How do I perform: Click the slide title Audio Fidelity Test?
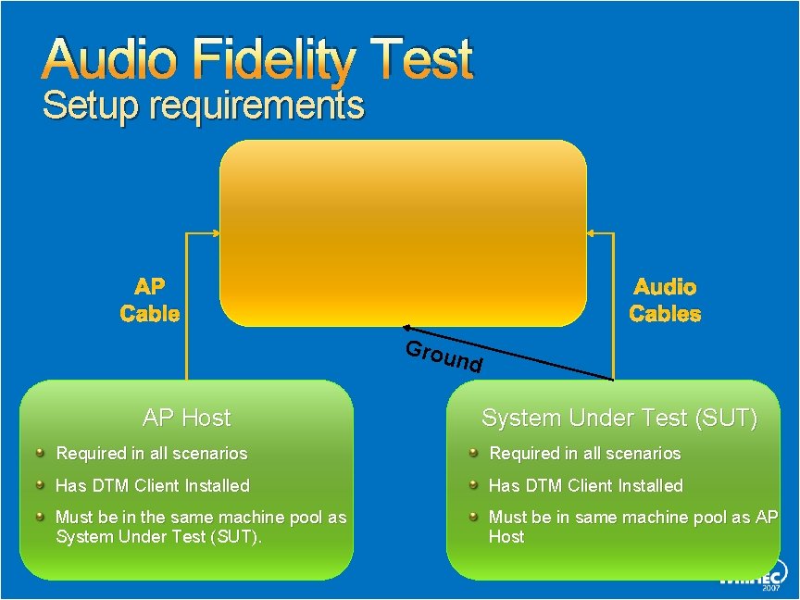click(257, 61)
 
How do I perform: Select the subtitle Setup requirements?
click(204, 106)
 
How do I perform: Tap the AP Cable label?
click(149, 301)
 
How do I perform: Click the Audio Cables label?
click(665, 301)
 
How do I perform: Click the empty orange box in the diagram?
click(403, 233)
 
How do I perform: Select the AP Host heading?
click(186, 418)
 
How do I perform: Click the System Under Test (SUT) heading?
click(619, 419)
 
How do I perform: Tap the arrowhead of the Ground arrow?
click(407, 329)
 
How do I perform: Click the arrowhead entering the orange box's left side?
click(215, 233)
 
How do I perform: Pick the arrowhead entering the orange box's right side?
click(592, 233)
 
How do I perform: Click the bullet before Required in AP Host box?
click(40, 453)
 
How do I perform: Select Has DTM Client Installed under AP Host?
click(153, 485)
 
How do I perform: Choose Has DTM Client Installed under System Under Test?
click(585, 485)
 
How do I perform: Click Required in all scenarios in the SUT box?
click(584, 454)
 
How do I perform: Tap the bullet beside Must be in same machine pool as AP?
click(472, 517)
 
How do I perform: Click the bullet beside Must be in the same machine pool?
click(40, 517)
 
